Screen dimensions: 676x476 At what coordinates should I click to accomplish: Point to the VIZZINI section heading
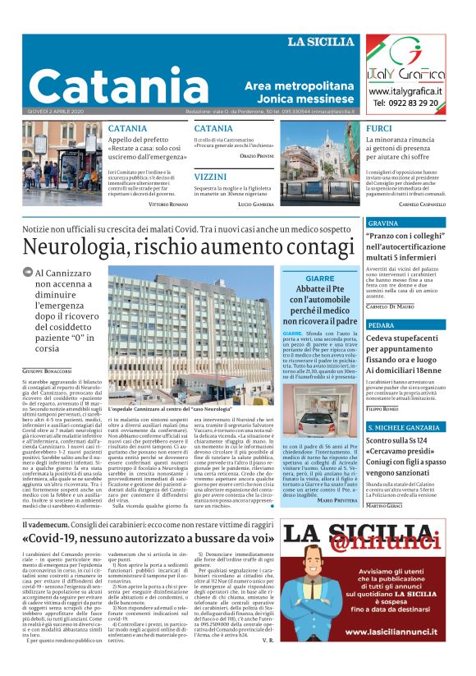pos(211,177)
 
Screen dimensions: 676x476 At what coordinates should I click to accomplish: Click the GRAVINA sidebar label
pos(382,223)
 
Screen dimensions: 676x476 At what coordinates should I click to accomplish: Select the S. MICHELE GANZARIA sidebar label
pos(403,428)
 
